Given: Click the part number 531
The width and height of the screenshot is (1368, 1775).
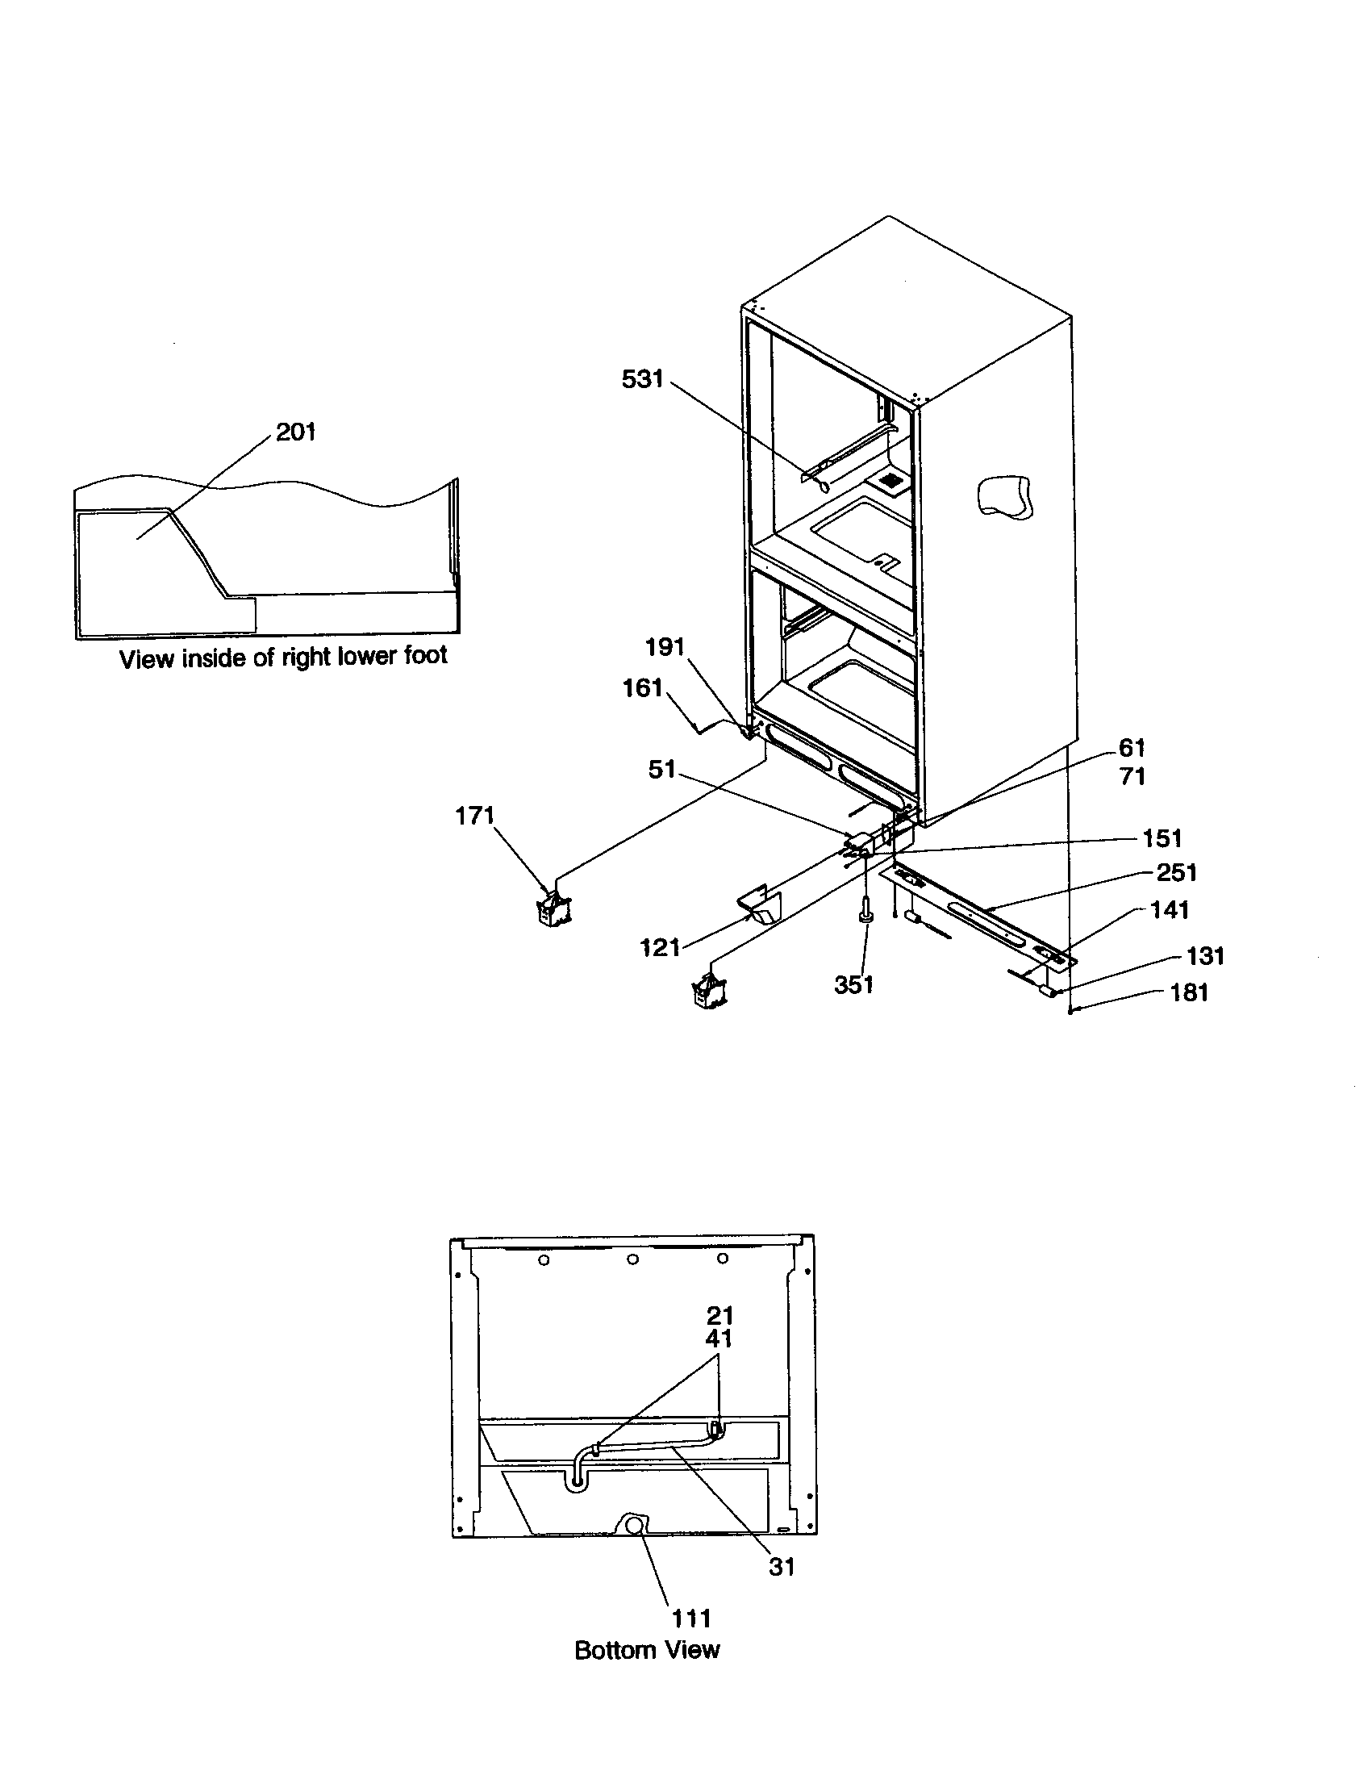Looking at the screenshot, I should coord(642,378).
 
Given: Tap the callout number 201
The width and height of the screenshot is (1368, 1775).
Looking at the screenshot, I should coord(296,432).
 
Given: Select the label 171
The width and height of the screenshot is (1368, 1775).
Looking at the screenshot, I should coord(474,815).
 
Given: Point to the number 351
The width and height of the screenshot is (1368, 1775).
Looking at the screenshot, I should coord(853,984).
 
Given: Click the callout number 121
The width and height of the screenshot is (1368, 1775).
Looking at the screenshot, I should coord(660,947).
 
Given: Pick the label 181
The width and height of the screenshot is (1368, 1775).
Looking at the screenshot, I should coord(1188,992).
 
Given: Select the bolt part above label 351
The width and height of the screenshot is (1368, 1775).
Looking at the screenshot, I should coord(867,910).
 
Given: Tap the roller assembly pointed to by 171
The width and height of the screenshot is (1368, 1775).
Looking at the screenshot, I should coord(555,908).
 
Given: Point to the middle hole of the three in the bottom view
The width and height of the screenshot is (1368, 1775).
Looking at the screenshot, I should coord(633,1259).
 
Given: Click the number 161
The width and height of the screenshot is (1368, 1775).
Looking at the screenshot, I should coord(642,688).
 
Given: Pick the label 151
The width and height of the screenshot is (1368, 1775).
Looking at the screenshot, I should coord(1162,838).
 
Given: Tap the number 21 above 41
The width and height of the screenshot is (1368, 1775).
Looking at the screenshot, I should coord(719,1315).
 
